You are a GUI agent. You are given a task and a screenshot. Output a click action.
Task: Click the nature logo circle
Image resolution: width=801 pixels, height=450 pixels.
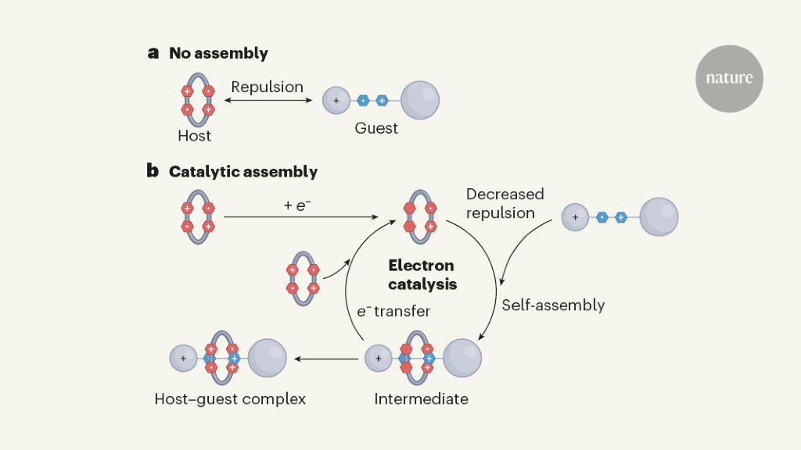(x=729, y=78)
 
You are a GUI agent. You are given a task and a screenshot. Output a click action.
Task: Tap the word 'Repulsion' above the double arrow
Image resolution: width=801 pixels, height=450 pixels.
(x=267, y=87)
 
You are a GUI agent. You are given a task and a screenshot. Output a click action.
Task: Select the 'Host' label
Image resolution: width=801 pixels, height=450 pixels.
(x=194, y=136)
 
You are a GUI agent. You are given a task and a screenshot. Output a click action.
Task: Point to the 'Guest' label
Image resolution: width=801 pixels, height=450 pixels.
(x=376, y=128)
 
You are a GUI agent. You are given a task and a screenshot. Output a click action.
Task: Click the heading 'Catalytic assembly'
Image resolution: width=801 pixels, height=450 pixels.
(x=243, y=171)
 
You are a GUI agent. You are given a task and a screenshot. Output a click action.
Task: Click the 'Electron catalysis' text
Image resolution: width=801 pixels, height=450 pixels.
(x=422, y=275)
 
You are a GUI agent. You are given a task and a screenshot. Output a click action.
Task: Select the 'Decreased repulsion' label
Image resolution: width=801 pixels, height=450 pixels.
(x=505, y=203)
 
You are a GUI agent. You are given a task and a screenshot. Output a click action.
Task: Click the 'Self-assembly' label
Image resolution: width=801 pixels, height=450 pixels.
(x=553, y=305)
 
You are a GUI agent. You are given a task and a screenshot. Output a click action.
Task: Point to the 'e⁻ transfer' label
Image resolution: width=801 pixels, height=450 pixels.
(x=393, y=311)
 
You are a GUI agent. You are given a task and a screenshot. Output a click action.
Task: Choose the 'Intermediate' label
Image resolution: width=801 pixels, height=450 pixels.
(x=421, y=399)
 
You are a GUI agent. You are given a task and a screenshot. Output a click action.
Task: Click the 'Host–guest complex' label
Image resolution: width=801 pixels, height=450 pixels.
(x=230, y=399)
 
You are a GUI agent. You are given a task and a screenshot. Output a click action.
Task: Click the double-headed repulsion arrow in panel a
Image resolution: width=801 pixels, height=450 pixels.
(x=268, y=100)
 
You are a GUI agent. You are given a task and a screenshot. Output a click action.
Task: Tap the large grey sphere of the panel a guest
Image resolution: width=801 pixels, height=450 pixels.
(x=420, y=100)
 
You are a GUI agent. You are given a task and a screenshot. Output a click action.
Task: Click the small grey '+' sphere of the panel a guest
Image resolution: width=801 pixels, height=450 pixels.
(x=336, y=100)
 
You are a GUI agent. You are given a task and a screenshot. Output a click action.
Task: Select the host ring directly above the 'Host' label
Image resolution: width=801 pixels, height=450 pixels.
(x=198, y=100)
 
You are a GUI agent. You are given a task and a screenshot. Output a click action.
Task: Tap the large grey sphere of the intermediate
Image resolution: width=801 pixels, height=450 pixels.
(x=462, y=358)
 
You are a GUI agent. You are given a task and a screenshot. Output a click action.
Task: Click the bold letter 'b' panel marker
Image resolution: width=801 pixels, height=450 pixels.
(x=153, y=170)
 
